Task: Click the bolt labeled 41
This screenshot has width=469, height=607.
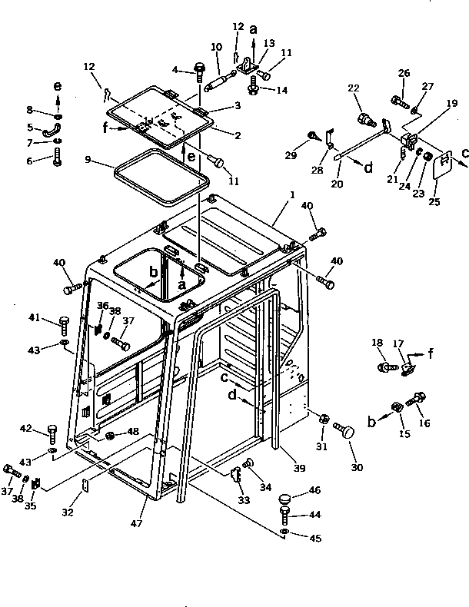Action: click(65, 322)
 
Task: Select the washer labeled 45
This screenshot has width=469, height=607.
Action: click(284, 531)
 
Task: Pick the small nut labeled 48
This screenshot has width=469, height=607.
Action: click(109, 436)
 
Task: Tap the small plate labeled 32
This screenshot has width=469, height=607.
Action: click(86, 485)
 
